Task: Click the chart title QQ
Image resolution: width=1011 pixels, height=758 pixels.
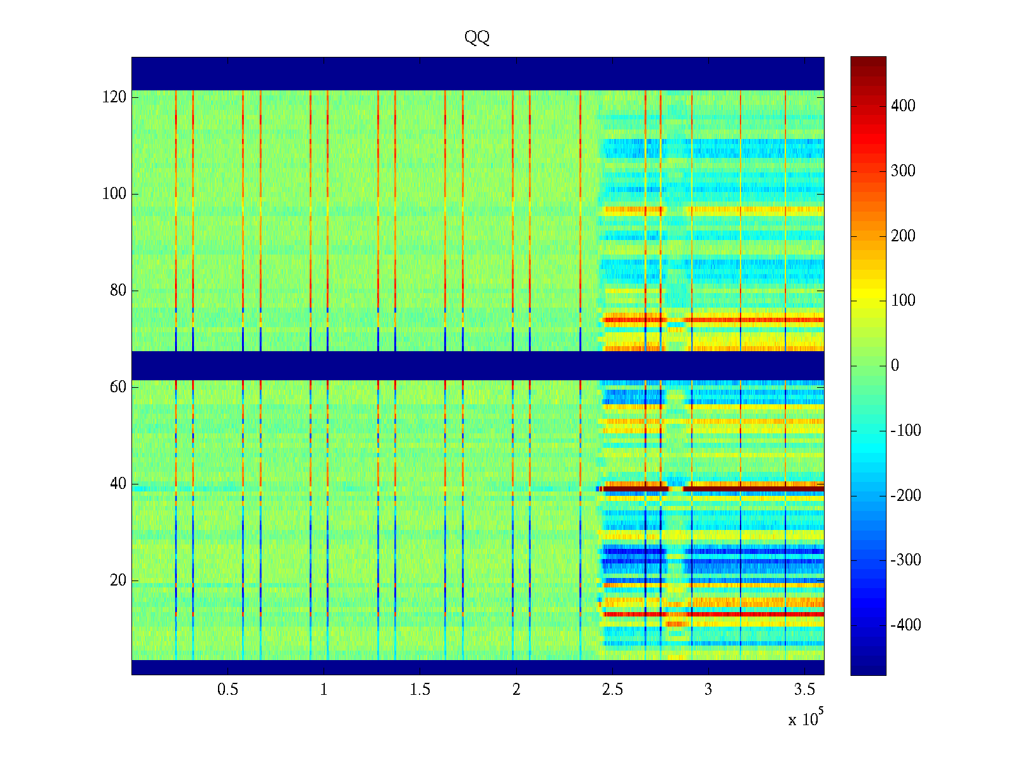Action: pos(477,38)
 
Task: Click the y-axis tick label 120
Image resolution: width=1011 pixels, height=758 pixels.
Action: pos(114,97)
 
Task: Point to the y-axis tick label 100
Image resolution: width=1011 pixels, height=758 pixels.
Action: pos(114,194)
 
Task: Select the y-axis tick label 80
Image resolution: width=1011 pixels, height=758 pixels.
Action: pos(118,291)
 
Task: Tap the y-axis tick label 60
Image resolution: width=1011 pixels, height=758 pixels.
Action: pos(118,387)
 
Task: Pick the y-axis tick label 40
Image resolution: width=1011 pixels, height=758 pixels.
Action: pos(118,484)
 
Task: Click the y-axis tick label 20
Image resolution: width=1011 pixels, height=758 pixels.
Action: pos(118,581)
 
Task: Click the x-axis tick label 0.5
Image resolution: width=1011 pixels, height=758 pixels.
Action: pos(228,690)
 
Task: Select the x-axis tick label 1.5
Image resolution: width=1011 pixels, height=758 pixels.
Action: pos(420,690)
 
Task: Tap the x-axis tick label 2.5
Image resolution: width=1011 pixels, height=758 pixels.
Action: pos(612,690)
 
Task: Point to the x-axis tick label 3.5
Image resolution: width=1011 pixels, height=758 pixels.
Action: pos(804,690)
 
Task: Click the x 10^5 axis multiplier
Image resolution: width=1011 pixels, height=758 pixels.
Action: pos(806,718)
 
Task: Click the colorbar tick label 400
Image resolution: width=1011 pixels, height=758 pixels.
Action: pos(903,106)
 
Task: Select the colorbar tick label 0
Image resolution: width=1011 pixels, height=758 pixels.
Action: pos(895,366)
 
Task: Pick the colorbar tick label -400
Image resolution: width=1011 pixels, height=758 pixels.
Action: pos(905,625)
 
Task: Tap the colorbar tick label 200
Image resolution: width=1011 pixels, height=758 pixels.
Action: pos(903,236)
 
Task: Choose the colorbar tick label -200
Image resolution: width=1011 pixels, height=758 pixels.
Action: pos(905,496)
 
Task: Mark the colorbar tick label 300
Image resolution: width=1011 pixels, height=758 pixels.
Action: pos(903,171)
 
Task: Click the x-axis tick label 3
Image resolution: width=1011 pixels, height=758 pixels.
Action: pos(708,690)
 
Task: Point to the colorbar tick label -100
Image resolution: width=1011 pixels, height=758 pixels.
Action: pos(905,431)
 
